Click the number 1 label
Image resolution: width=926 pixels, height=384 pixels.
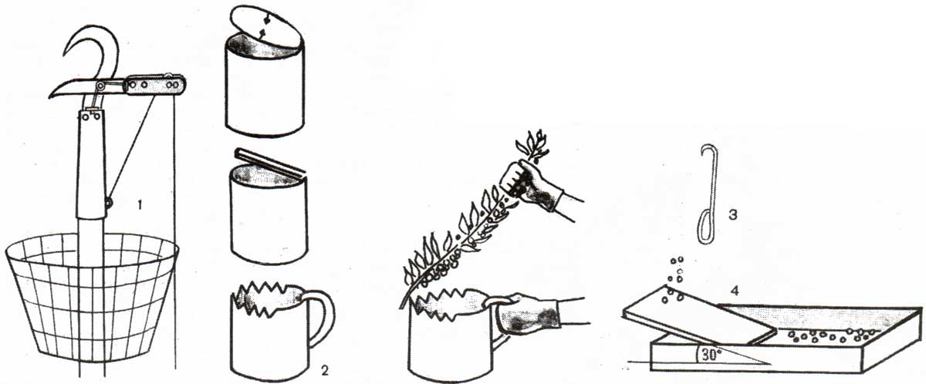click(x=140, y=204)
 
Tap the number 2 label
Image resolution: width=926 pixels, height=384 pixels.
click(x=325, y=371)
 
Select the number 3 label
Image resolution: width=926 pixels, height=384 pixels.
click(x=732, y=215)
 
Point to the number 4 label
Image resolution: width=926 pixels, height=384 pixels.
click(x=734, y=291)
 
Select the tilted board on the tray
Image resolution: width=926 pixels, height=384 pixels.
click(x=698, y=316)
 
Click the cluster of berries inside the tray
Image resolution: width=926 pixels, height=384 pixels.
click(x=831, y=335)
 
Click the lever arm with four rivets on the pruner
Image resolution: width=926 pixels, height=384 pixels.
click(x=155, y=85)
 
